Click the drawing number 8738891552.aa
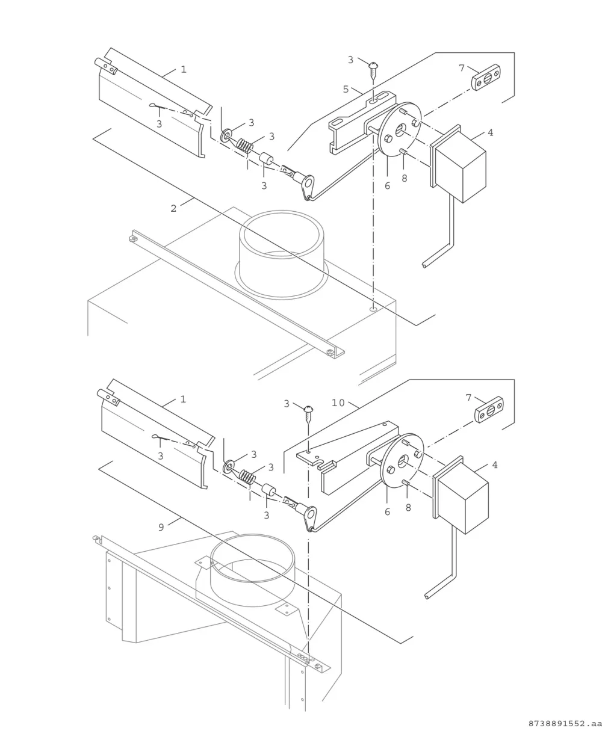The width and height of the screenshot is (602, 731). pyautogui.click(x=565, y=724)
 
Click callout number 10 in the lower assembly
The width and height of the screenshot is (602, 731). pyautogui.click(x=338, y=403)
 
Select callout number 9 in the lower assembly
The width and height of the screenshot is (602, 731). pyautogui.click(x=161, y=527)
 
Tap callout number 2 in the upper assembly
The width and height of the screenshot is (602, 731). pyautogui.click(x=173, y=208)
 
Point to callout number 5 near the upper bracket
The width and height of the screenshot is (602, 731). pyautogui.click(x=346, y=90)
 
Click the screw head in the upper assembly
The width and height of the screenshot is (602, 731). pyautogui.click(x=373, y=65)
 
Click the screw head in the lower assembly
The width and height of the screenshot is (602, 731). pyautogui.click(x=309, y=409)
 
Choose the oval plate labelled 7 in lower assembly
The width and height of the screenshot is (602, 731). pyautogui.click(x=489, y=410)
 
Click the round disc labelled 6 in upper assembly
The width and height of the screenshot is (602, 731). pyautogui.click(x=400, y=129)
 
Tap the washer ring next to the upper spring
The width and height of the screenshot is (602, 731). pyautogui.click(x=227, y=135)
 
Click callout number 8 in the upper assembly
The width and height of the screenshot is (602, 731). pyautogui.click(x=405, y=178)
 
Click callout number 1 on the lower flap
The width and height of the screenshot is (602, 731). pyautogui.click(x=183, y=399)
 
